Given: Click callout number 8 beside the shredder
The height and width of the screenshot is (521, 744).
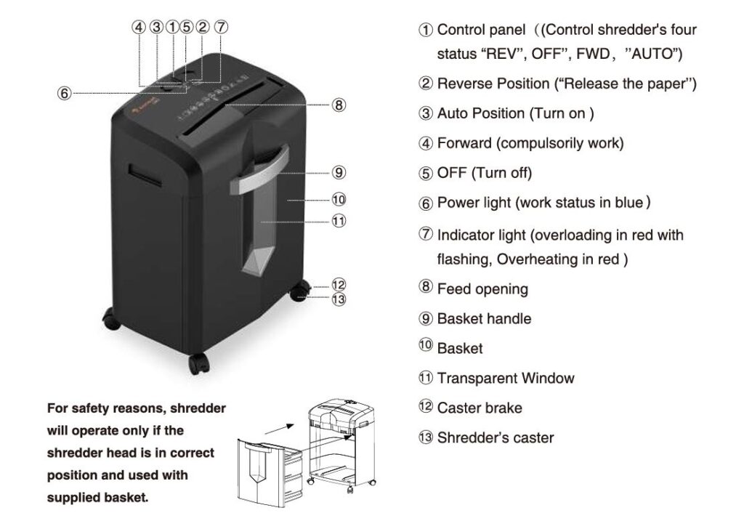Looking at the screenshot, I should click(x=339, y=105).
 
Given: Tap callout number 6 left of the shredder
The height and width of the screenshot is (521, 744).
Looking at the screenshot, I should click(x=65, y=94).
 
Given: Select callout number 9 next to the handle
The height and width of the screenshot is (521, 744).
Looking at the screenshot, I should click(x=339, y=173).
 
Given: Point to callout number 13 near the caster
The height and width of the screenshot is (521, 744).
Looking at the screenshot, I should click(x=338, y=298).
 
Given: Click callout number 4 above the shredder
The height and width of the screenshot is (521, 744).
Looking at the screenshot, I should click(x=139, y=27).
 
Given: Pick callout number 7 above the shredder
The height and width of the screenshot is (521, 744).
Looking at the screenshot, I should click(x=222, y=27).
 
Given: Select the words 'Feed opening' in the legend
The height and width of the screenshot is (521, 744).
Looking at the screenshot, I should click(x=482, y=289).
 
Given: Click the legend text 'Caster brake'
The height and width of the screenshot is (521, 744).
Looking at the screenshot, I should click(x=480, y=408).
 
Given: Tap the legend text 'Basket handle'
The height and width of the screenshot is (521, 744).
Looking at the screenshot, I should click(x=484, y=319).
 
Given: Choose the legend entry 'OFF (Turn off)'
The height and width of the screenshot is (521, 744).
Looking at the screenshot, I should click(x=485, y=173).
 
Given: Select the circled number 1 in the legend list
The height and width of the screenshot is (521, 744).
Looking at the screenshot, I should click(x=425, y=31).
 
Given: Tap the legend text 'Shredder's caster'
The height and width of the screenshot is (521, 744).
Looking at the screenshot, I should click(x=496, y=437).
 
